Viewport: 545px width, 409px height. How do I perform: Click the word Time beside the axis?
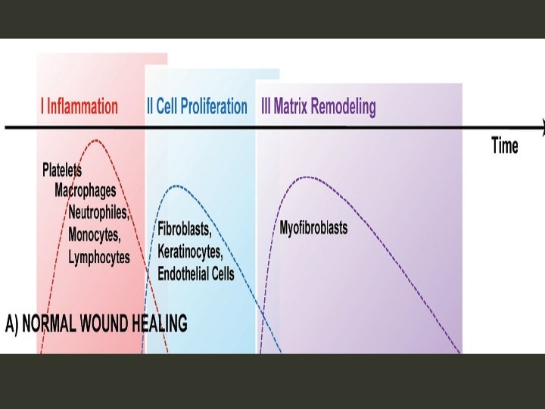point(505,145)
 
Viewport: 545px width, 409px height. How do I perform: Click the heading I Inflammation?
point(79,106)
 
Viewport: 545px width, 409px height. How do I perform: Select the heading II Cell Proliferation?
point(197,106)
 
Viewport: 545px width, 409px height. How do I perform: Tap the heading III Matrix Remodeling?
point(318,107)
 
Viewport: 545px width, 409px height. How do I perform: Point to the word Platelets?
point(62,170)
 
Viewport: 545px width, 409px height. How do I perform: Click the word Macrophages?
point(86,190)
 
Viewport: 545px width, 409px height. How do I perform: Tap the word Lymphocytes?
point(99,257)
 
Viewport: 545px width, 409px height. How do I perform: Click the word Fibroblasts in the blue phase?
point(184,228)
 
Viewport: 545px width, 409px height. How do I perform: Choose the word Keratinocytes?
point(190,250)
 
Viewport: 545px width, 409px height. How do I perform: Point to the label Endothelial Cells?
point(196,273)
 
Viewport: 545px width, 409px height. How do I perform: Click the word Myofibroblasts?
point(313,227)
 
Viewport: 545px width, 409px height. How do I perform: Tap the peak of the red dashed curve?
point(95,140)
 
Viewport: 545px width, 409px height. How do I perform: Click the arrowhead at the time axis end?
point(542,128)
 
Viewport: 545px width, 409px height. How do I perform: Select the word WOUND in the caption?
point(107,324)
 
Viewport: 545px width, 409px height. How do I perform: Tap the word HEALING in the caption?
point(158,324)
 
